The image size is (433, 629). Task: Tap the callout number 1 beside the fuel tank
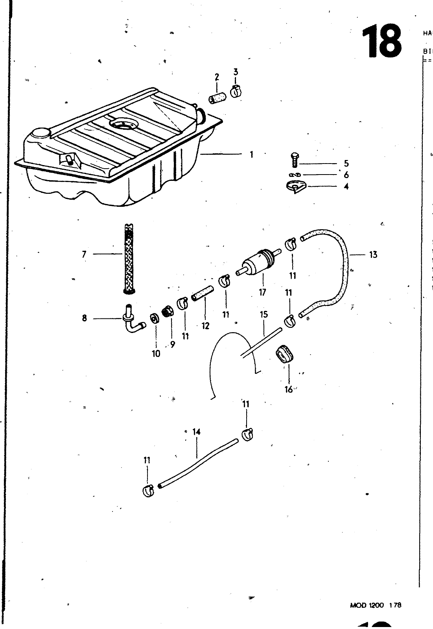pos(251,154)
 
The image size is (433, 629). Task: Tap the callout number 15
pos(263,314)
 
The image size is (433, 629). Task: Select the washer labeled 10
pos(154,318)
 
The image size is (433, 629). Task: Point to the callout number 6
pos(346,175)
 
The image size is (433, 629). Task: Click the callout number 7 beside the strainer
pos(84,254)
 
